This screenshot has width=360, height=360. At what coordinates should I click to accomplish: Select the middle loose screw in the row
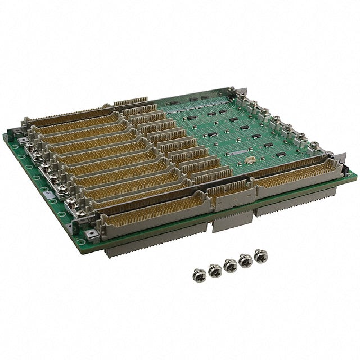coord(230,265)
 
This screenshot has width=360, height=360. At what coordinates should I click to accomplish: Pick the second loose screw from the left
coord(215,271)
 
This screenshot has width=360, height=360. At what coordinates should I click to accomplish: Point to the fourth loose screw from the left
coord(245,261)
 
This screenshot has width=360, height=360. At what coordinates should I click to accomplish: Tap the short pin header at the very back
coord(130,102)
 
